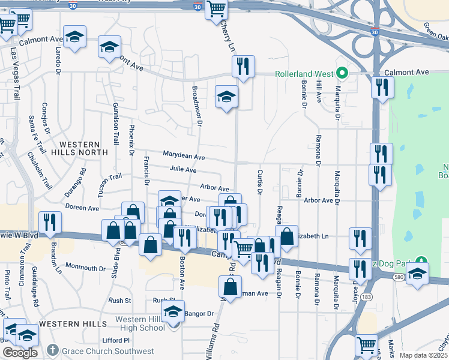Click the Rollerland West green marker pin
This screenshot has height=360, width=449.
pyautogui.click(x=342, y=74)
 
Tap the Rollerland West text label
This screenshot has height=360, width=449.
pyautogui.click(x=304, y=74)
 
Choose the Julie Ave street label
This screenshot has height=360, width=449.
pyautogui.click(x=182, y=170)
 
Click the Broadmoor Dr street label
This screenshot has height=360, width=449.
pyautogui.click(x=196, y=105)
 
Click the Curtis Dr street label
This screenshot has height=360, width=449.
pyautogui.click(x=260, y=182)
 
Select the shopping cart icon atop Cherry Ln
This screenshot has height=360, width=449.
pyautogui.click(x=216, y=9)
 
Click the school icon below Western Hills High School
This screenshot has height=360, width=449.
pyautogui.click(x=173, y=313)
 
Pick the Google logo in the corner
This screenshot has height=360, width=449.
pyautogui.click(x=20, y=353)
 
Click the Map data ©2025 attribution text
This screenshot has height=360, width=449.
pyautogui.click(x=423, y=355)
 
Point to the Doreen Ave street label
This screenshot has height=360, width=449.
pyautogui.click(x=82, y=208)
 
